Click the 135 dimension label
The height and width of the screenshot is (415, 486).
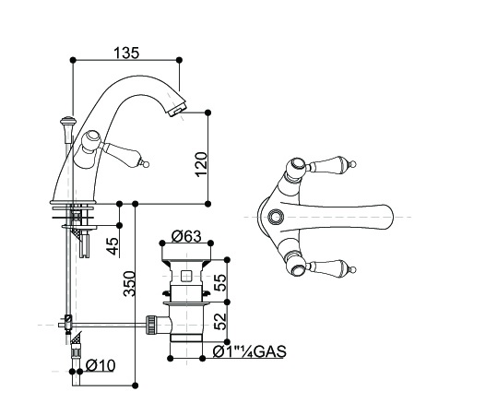coord(126,53)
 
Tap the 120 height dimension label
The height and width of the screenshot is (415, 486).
coord(201,164)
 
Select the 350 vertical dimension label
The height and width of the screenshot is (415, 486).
coord(129,284)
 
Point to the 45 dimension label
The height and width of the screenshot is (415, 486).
coord(113,246)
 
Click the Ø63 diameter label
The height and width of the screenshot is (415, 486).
coord(186,236)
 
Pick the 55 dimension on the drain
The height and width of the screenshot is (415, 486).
coord(220,282)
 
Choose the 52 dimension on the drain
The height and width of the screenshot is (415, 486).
coord(220,321)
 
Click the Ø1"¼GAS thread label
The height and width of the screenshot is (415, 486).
coord(250,351)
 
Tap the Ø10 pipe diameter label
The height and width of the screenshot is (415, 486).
coord(101,365)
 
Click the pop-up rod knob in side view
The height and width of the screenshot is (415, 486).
coord(68,121)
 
